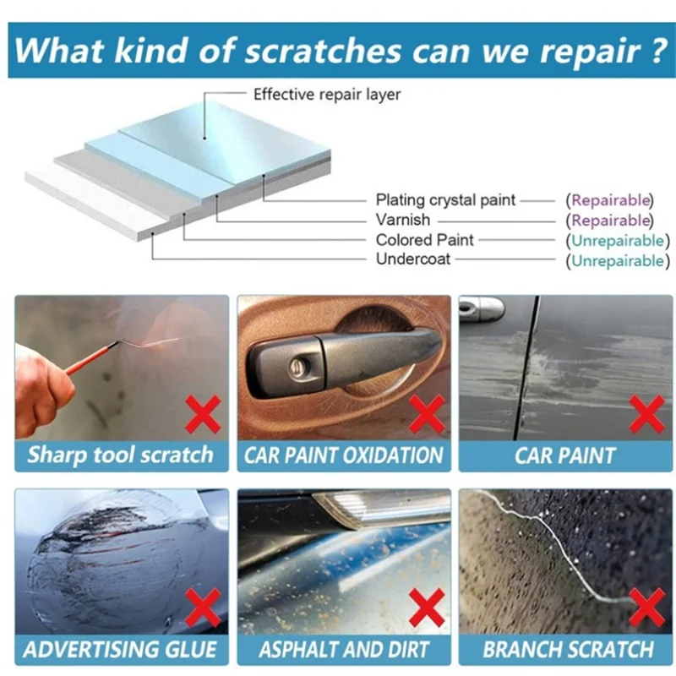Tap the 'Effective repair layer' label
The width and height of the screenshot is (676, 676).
coord(326,95)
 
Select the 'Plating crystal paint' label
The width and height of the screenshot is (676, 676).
coord(445,200)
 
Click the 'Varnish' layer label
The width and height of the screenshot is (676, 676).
coord(402,221)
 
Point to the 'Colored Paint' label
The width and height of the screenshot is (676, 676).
coord(425,241)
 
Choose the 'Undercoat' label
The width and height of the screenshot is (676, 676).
coord(413,260)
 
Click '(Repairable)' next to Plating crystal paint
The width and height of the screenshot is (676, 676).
coord(610,200)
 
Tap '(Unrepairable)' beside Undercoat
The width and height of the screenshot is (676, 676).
coord(618,260)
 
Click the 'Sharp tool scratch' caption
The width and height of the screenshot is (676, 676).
coord(120,455)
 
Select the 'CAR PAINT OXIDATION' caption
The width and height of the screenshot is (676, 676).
coord(343,455)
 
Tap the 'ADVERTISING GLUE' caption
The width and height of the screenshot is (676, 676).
coord(120,650)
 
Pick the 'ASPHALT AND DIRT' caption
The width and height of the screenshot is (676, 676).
coord(343,650)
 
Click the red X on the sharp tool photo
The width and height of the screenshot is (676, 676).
coord(203,414)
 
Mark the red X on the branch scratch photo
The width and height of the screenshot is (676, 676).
coord(646,608)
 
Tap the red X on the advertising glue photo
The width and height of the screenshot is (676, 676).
coord(203,608)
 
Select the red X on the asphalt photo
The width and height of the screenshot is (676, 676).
coord(427,608)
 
